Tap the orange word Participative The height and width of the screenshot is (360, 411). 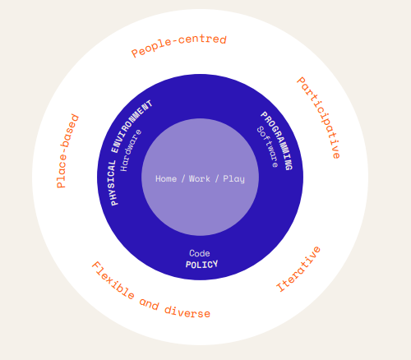click(320, 118)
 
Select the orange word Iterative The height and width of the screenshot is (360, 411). click(298, 270)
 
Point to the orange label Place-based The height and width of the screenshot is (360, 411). click(67, 151)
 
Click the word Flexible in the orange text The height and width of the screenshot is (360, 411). click(113, 280)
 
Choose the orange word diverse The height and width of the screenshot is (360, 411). click(187, 312)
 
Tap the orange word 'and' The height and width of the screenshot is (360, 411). click(149, 303)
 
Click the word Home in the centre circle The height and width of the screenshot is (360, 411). click(166, 178)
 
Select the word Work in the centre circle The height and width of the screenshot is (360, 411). click(200, 178)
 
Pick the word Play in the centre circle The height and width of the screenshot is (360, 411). click(233, 179)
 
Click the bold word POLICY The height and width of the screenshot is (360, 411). click(201, 265)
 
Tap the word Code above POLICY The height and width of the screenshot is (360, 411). click(200, 253)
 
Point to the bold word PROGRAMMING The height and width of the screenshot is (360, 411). click(277, 141)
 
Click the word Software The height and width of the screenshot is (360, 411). click(267, 147)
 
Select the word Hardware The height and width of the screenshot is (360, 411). click(131, 150)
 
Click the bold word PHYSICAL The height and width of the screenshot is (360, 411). click(114, 182)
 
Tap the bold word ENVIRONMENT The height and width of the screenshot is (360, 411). click(132, 126)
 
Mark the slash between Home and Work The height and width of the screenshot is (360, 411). click(183, 179)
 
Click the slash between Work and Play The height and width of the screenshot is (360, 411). click(217, 179)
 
